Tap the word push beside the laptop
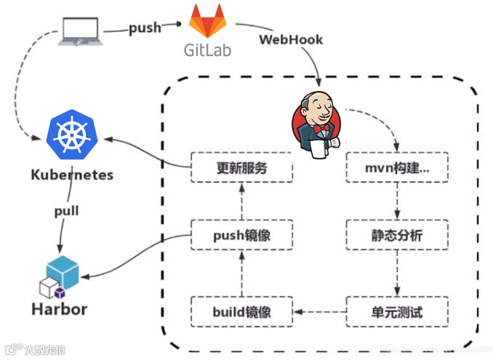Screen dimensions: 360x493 coord(145,28)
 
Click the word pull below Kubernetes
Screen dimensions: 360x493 coord(66,212)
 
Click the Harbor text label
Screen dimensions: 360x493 coord(59,308)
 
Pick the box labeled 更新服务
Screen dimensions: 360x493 coord(241,167)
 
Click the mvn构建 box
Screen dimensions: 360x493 coord(396,167)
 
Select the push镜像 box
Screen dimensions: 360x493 coord(241,236)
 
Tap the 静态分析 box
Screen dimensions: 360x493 coord(396,236)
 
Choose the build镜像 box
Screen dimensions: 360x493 coord(241,312)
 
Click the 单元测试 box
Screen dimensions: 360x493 coord(396,312)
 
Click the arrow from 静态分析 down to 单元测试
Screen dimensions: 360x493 coord(396,274)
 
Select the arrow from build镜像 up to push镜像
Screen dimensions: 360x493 coord(241,274)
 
